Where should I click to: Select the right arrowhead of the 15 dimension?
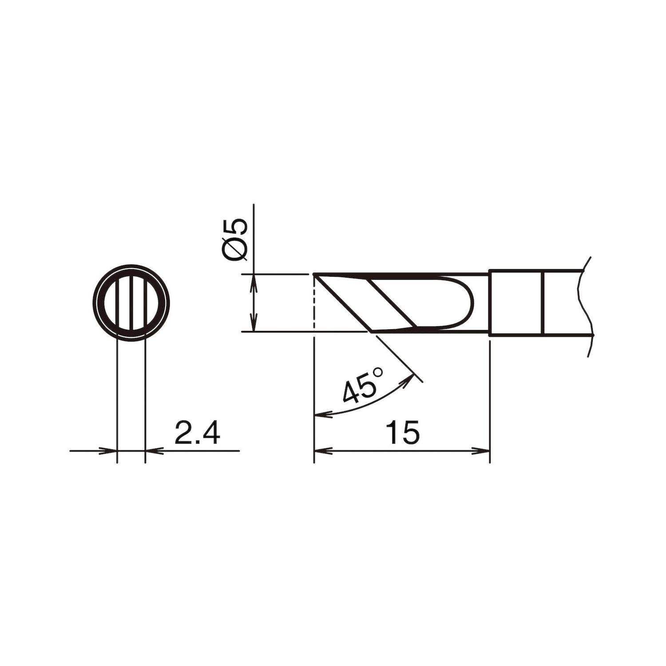483,451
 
